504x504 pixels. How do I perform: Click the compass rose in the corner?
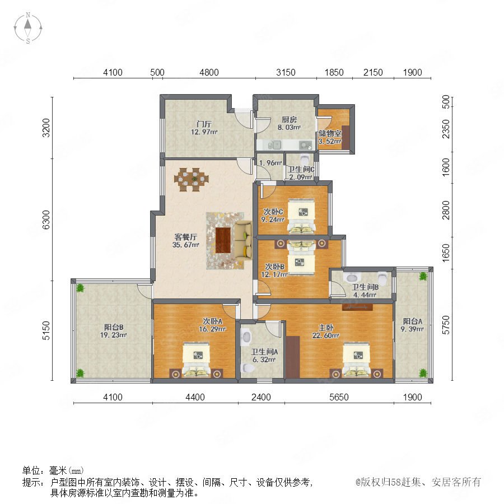(x=28, y=27)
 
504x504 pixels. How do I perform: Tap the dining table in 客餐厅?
(x=192, y=179)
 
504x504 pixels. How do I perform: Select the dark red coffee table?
(x=223, y=240)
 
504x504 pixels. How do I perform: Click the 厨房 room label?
(x=289, y=120)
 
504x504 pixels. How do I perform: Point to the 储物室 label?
(x=330, y=133)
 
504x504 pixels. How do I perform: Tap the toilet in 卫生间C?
(x=304, y=160)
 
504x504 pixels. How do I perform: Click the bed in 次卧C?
(x=301, y=216)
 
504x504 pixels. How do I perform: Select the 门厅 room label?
(x=204, y=124)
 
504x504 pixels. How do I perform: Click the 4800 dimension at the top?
(x=209, y=72)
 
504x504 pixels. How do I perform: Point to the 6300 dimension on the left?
(x=46, y=220)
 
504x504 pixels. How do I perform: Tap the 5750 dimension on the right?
(x=446, y=325)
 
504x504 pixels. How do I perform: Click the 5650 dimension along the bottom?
(x=339, y=397)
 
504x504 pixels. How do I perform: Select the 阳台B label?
(x=114, y=327)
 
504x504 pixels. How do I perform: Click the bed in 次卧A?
(x=197, y=360)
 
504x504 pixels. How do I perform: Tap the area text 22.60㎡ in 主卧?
(x=325, y=335)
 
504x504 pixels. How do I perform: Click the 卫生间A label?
(x=264, y=352)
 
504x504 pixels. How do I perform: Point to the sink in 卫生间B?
(x=351, y=277)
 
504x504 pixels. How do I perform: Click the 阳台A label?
(x=412, y=321)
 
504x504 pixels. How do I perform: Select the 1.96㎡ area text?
(x=270, y=163)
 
